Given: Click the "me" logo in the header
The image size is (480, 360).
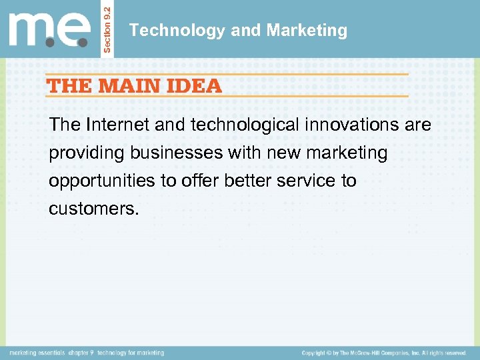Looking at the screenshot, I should pos(48,30).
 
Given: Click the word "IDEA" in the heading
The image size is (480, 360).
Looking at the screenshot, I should pos(195,85).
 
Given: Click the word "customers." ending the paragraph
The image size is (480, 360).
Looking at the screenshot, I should pos(94,209).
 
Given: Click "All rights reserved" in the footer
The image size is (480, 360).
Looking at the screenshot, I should pos(443,353).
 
